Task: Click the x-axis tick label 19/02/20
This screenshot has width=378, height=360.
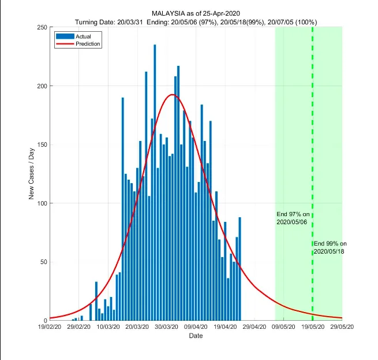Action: click(50, 327)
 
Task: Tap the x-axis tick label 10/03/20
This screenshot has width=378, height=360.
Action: click(108, 327)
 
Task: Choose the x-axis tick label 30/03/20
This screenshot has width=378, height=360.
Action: click(167, 327)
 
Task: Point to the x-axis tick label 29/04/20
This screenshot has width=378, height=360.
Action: click(255, 327)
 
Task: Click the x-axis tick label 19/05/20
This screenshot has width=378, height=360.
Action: click(313, 327)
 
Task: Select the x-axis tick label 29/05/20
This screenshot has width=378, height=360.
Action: click(342, 327)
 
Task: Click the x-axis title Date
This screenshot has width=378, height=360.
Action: click(196, 336)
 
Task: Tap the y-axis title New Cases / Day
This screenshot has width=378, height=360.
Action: click(32, 174)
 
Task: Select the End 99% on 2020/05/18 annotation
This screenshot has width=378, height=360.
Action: click(330, 247)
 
